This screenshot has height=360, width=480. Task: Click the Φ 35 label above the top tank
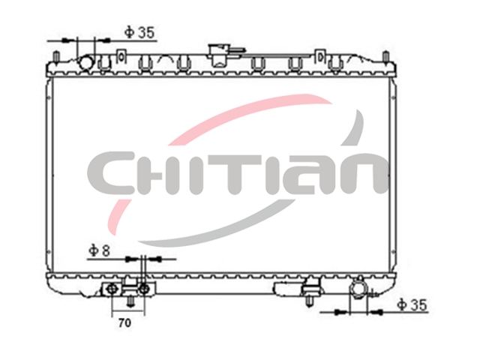click(139, 32)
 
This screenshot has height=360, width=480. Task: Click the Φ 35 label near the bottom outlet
click(412, 304)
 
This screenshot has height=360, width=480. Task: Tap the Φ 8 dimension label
click(99, 251)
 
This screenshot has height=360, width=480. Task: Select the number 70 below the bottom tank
click(124, 322)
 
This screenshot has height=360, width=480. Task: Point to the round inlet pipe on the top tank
click(86, 62)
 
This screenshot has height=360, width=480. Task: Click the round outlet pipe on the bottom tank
click(358, 288)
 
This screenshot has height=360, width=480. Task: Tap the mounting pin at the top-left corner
click(56, 57)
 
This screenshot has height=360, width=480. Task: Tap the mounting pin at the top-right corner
click(385, 57)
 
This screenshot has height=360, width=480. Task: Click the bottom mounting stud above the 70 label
click(130, 301)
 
